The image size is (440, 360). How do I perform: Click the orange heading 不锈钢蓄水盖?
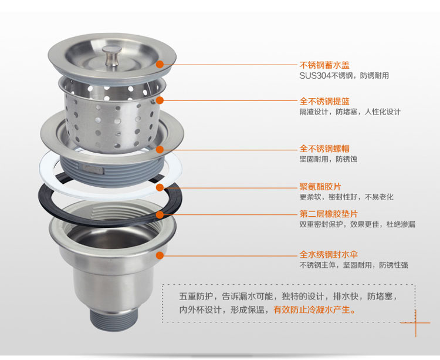(x=324, y=65)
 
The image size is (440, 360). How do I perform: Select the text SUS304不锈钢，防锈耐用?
(x=344, y=76)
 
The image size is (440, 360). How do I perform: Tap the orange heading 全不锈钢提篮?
(x=324, y=102)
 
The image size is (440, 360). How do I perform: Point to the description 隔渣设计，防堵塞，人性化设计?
(x=350, y=112)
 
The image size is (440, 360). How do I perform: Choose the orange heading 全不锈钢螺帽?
(x=324, y=149)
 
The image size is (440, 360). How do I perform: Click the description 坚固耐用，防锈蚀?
(x=329, y=159)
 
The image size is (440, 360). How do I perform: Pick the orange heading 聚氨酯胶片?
(x=320, y=187)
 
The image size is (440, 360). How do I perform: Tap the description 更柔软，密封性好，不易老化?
(x=347, y=197)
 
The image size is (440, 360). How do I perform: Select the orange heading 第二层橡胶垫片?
(x=329, y=214)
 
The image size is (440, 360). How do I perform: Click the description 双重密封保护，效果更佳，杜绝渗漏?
(x=357, y=224)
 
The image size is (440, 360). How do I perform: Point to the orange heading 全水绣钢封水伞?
(x=329, y=255)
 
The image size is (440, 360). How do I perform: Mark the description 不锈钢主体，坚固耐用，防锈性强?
(x=354, y=265)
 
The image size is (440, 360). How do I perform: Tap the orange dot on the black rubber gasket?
(x=160, y=215)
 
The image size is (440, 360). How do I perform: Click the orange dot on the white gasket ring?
(x=160, y=187)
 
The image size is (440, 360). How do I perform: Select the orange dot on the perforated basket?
(x=160, y=100)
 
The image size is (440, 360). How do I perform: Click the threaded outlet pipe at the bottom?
(x=114, y=319)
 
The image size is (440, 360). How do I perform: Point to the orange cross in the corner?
(x=415, y=323)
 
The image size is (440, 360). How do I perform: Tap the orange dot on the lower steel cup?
(x=160, y=255)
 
